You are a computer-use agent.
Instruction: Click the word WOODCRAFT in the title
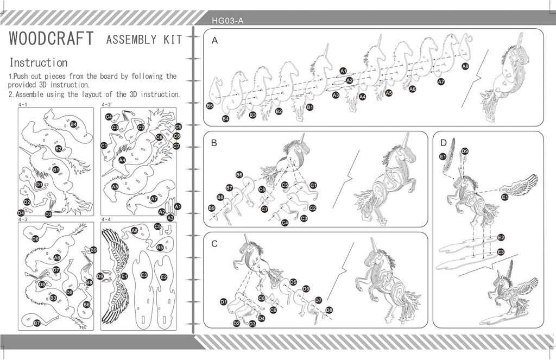pos(52,40)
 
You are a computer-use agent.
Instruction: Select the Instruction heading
pos(39,62)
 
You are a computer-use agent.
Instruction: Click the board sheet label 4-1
pos(23,104)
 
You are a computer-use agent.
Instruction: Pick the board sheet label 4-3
pos(23,219)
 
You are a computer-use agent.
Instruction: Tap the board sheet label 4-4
pos(106,219)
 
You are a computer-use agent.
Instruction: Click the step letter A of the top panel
pos(215,40)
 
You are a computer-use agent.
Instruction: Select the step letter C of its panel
pos(214,244)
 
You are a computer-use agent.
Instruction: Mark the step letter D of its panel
pos(444,143)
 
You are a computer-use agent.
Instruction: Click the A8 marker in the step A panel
pos(465,66)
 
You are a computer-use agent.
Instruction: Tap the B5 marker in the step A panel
pos(210,106)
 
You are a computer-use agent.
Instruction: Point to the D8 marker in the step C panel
pos(328,310)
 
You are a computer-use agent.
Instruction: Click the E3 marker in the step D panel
pos(501,251)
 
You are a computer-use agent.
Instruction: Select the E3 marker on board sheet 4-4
pos(144,275)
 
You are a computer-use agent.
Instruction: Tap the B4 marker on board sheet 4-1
pos(73,124)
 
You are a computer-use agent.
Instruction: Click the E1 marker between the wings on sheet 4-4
pos(124,276)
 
